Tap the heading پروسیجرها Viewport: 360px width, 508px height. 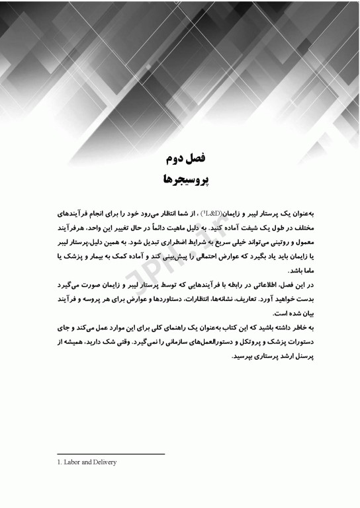coord(179,179)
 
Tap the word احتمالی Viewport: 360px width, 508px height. coord(188,253)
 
